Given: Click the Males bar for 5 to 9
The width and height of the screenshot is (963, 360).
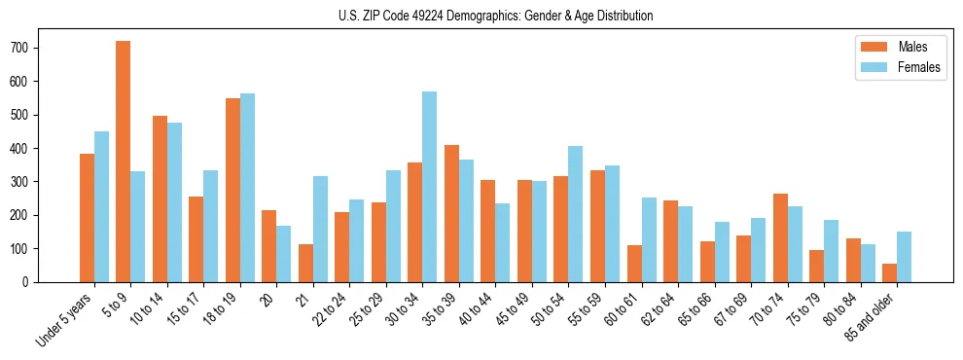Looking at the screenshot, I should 124,162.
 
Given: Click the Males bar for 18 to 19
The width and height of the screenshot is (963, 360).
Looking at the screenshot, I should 232,190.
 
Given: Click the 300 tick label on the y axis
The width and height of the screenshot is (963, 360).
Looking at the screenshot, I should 28,182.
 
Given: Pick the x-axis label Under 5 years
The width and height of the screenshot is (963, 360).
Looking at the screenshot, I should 65,316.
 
